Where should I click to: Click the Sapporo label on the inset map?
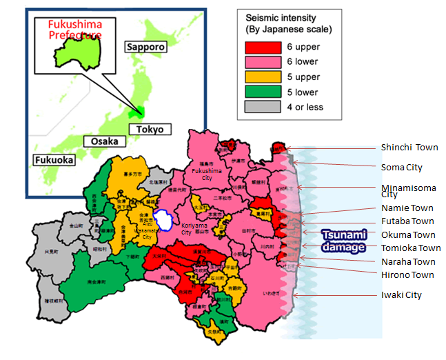[145, 47]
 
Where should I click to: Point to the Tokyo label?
[150, 130]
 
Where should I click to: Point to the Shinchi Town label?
[409, 148]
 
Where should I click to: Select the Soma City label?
[402, 168]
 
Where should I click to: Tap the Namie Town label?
[407, 208]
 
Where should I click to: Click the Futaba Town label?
[407, 221]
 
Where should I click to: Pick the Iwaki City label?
[401, 295]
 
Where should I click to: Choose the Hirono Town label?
[407, 274]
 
